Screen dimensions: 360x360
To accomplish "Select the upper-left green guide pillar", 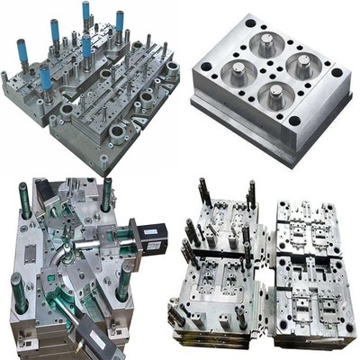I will [25, 201].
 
